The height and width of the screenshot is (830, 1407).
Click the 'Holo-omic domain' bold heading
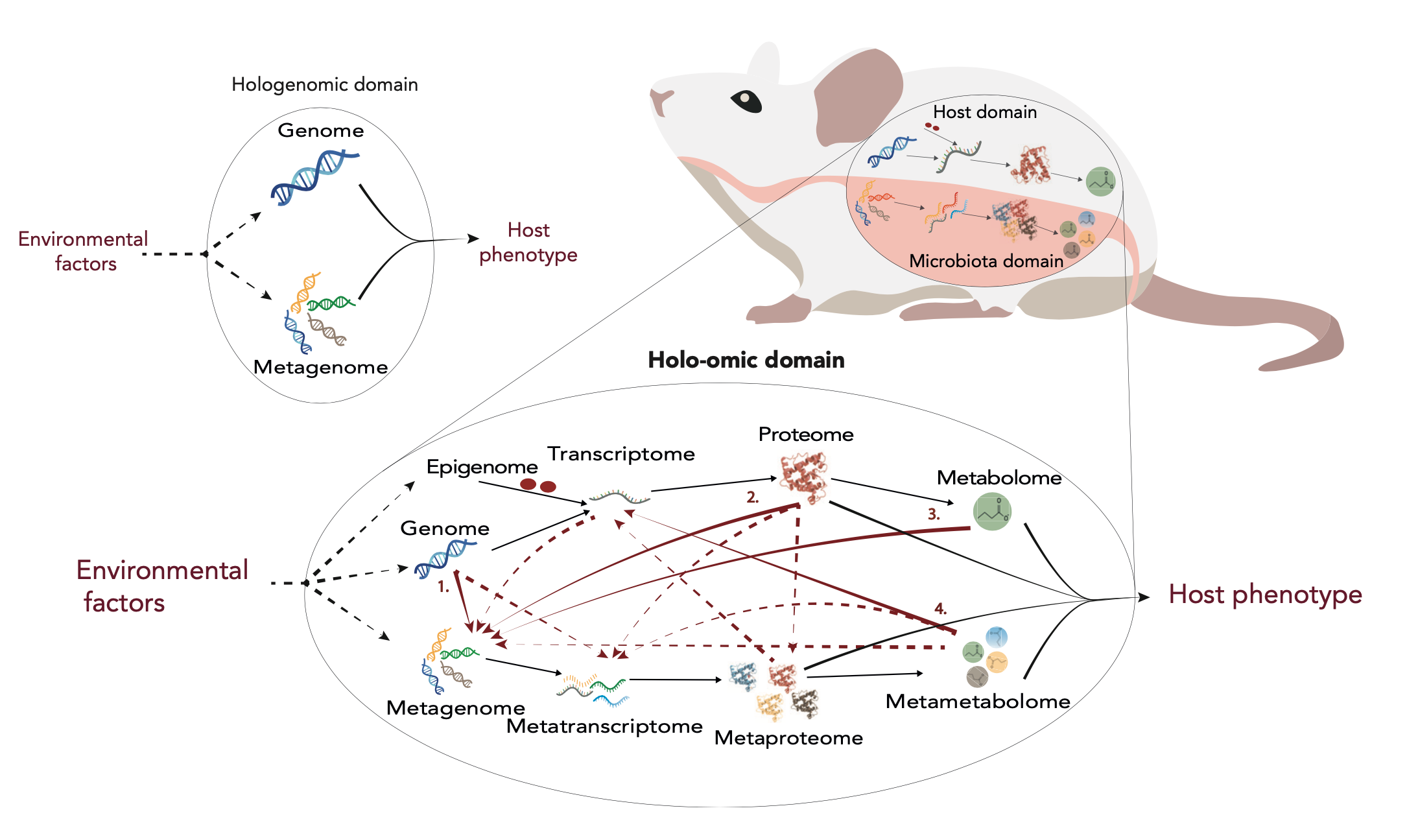(x=746, y=360)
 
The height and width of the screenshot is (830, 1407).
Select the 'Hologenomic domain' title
(x=325, y=84)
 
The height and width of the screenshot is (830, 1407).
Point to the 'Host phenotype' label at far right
(x=1265, y=595)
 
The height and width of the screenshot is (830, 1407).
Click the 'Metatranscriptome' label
(x=604, y=726)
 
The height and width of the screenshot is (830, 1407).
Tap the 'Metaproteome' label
(x=788, y=738)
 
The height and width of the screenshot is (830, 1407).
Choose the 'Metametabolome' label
(x=978, y=702)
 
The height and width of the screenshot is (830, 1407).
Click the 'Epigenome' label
(x=482, y=467)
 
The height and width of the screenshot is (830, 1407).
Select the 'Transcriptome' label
(x=621, y=454)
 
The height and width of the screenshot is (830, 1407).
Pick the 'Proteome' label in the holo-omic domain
(x=806, y=434)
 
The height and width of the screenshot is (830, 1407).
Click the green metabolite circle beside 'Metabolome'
(x=992, y=512)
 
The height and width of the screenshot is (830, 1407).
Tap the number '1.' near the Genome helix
(x=443, y=587)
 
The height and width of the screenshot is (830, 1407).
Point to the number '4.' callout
(x=940, y=608)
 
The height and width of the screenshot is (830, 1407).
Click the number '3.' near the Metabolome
(x=934, y=514)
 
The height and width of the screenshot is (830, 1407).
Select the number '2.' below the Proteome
(x=752, y=497)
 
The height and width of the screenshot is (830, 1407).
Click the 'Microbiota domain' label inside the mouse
(x=986, y=261)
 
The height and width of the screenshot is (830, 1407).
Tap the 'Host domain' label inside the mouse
(x=985, y=112)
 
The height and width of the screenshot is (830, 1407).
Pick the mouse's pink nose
(x=660, y=101)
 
